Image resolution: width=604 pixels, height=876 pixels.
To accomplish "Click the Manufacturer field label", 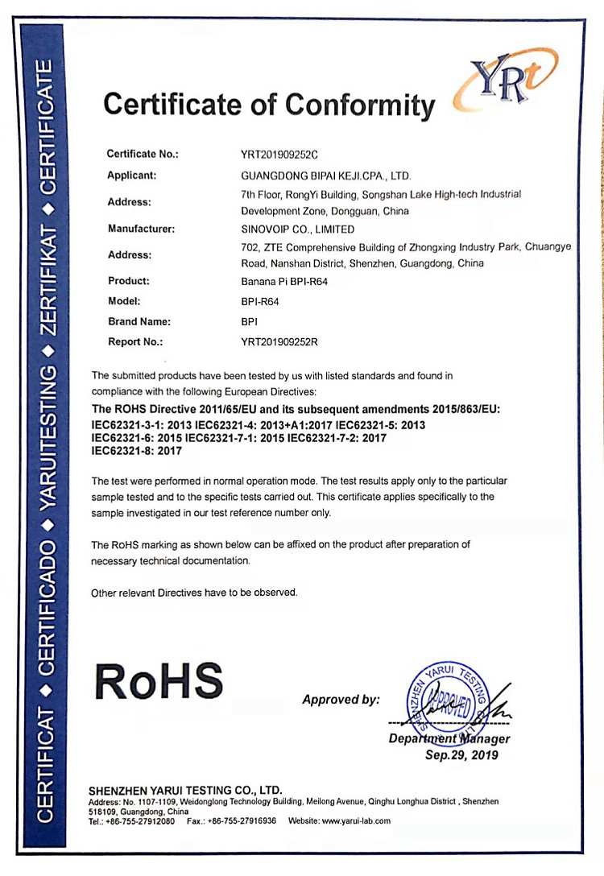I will pos(141,229).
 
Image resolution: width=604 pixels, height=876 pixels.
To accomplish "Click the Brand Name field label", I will pos(139,321).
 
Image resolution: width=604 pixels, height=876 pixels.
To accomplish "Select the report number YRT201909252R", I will pos(279,342).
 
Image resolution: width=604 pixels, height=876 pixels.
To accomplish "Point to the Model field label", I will pos(124,301).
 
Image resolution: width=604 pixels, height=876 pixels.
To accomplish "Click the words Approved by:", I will pos(341,700).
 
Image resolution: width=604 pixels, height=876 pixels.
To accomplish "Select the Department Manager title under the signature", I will pos(449,738).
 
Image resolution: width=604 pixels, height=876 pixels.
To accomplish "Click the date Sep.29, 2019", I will pos(461,755).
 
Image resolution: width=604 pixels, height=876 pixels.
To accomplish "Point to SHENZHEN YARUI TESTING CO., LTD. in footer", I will pos(184,790).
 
